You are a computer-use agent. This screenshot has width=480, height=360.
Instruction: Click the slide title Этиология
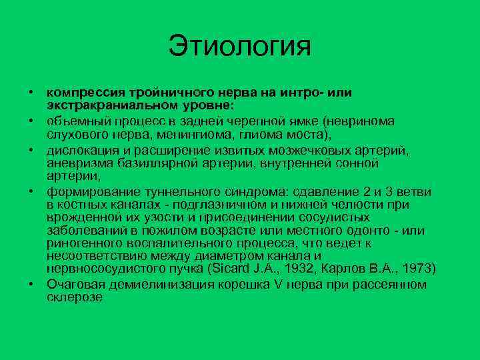240,46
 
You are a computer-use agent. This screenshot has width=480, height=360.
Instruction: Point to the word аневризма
76,163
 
